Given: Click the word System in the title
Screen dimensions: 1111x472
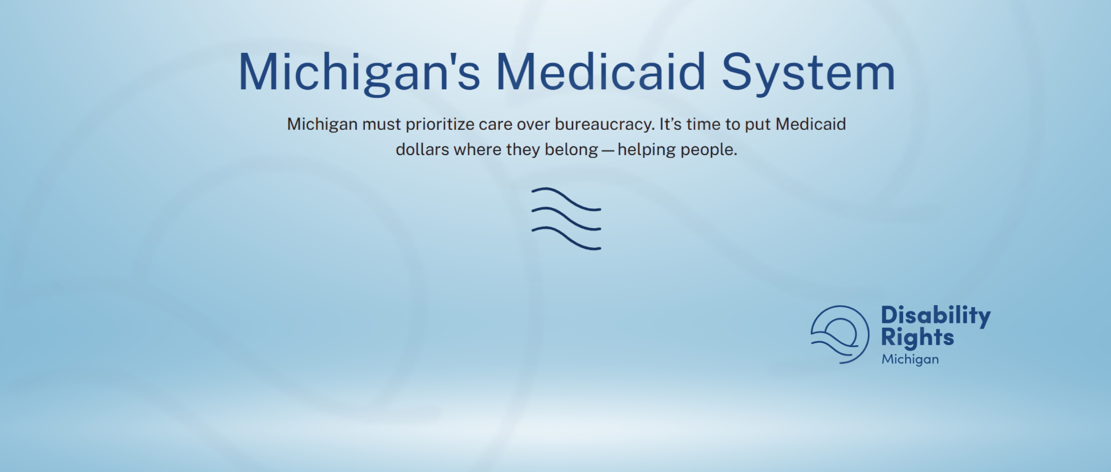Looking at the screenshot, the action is [x=808, y=73].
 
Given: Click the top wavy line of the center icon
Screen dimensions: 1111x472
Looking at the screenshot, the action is [x=566, y=199].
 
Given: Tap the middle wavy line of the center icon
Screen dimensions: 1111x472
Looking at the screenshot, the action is [x=566, y=219].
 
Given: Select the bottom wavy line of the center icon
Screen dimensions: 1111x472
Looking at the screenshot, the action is [x=566, y=238].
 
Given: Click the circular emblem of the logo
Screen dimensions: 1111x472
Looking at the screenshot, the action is [x=868, y=335].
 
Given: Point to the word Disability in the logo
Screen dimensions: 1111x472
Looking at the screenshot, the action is [x=936, y=316].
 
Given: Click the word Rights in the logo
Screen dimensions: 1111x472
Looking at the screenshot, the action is [x=917, y=338].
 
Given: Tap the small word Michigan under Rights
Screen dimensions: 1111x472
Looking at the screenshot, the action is [x=910, y=359].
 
